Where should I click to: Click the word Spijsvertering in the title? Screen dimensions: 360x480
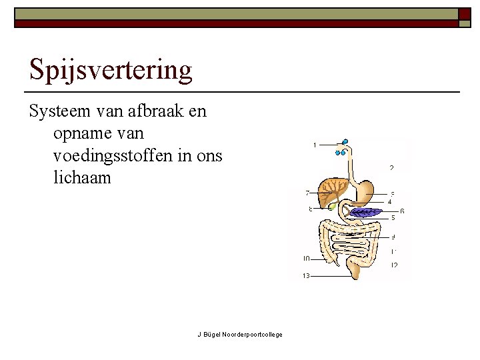(x=111, y=70)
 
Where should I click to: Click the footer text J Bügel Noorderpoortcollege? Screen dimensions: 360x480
(x=239, y=334)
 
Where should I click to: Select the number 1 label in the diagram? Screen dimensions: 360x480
(x=315, y=145)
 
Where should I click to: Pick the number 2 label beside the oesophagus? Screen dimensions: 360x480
(x=392, y=167)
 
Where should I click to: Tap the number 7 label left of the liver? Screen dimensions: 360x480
(x=307, y=193)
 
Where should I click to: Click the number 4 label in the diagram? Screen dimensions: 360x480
(x=389, y=201)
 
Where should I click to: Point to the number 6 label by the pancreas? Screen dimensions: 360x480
(x=402, y=211)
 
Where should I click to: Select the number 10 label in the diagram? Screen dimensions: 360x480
(x=306, y=259)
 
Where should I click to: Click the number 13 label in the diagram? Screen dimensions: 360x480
(x=306, y=275)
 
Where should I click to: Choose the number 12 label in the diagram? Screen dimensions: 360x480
(x=395, y=265)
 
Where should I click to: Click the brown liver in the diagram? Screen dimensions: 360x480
(x=331, y=191)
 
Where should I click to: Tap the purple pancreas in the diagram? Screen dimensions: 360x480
(x=364, y=213)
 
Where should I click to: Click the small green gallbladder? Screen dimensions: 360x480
(x=333, y=207)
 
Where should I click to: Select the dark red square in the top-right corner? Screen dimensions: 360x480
(x=464, y=13)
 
